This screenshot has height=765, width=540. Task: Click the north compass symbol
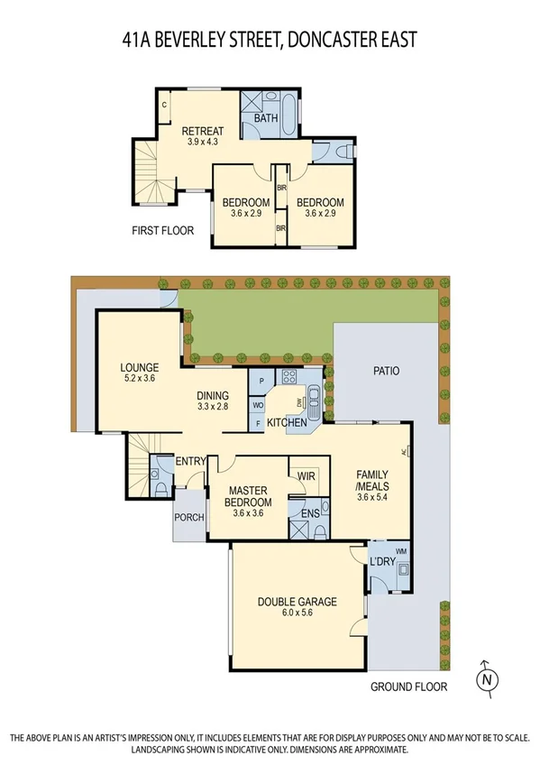point(487,677)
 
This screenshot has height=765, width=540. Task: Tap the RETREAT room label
point(202,131)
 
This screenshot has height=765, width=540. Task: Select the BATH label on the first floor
point(266,118)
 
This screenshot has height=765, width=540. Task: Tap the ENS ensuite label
point(309,514)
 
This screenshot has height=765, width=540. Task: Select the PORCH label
point(190,518)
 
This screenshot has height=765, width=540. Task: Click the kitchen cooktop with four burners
point(291,378)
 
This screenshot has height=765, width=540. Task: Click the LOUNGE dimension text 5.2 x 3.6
point(139,380)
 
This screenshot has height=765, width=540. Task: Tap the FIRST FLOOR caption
point(162,231)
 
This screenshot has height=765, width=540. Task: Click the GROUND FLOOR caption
point(408,687)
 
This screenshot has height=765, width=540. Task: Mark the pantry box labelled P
point(261,382)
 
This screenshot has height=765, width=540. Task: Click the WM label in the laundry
point(401,550)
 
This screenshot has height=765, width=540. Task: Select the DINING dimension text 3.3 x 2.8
point(214,408)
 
